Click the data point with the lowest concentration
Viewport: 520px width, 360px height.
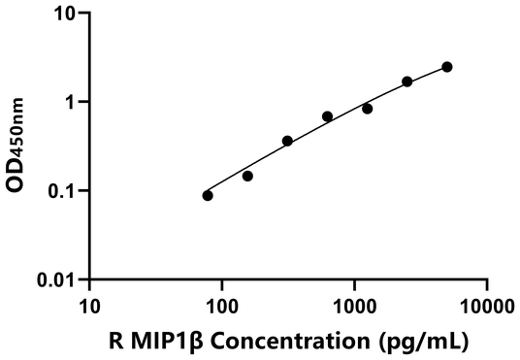(208, 195)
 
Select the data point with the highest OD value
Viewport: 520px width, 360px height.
(446, 67)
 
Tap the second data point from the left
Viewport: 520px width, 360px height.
(247, 176)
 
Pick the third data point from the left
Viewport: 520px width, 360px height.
(287, 141)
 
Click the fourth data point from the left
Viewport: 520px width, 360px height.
(327, 116)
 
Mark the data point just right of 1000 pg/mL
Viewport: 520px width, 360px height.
(367, 109)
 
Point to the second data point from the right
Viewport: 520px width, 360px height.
(406, 82)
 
